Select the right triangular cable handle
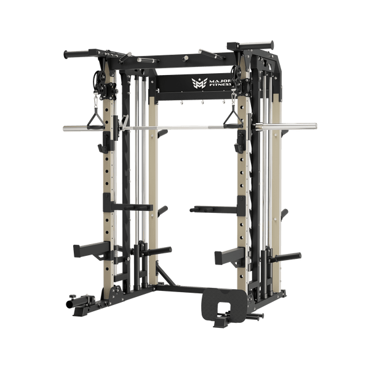[x=232, y=118]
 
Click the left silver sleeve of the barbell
[x=77, y=129]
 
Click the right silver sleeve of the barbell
[x=289, y=127]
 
